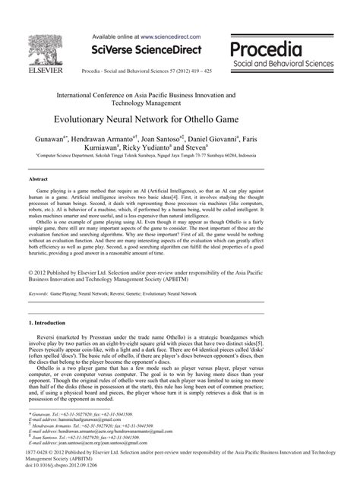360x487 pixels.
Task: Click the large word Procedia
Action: (x=267, y=49)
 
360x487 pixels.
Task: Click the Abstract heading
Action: (x=38, y=179)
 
